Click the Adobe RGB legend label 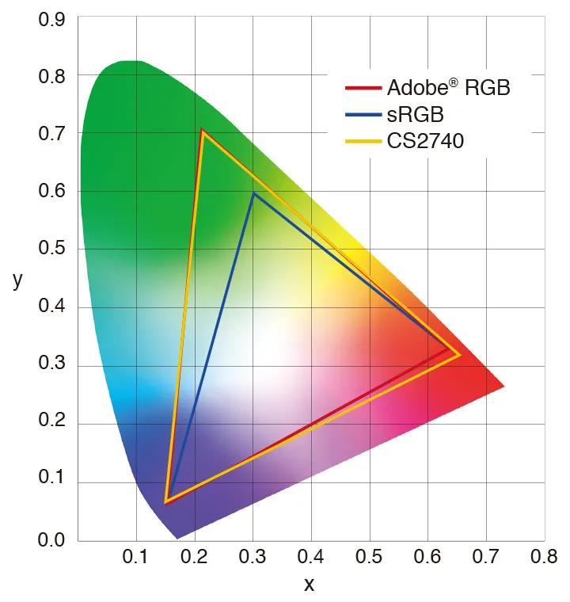pos(448,88)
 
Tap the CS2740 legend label pos(425,142)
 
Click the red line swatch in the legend pos(363,89)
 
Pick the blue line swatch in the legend pos(363,116)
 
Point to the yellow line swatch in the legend pos(363,143)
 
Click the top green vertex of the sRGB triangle pos(253,193)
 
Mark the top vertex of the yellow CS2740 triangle pos(203,131)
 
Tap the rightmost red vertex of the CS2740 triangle pos(459,354)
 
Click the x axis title pos(310,586)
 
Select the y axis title pos(17,280)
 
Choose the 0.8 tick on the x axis pos(544,558)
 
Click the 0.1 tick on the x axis pos(136,558)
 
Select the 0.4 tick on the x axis pos(311,558)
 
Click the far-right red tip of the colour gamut pos(503,387)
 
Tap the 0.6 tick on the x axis pos(427,558)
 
